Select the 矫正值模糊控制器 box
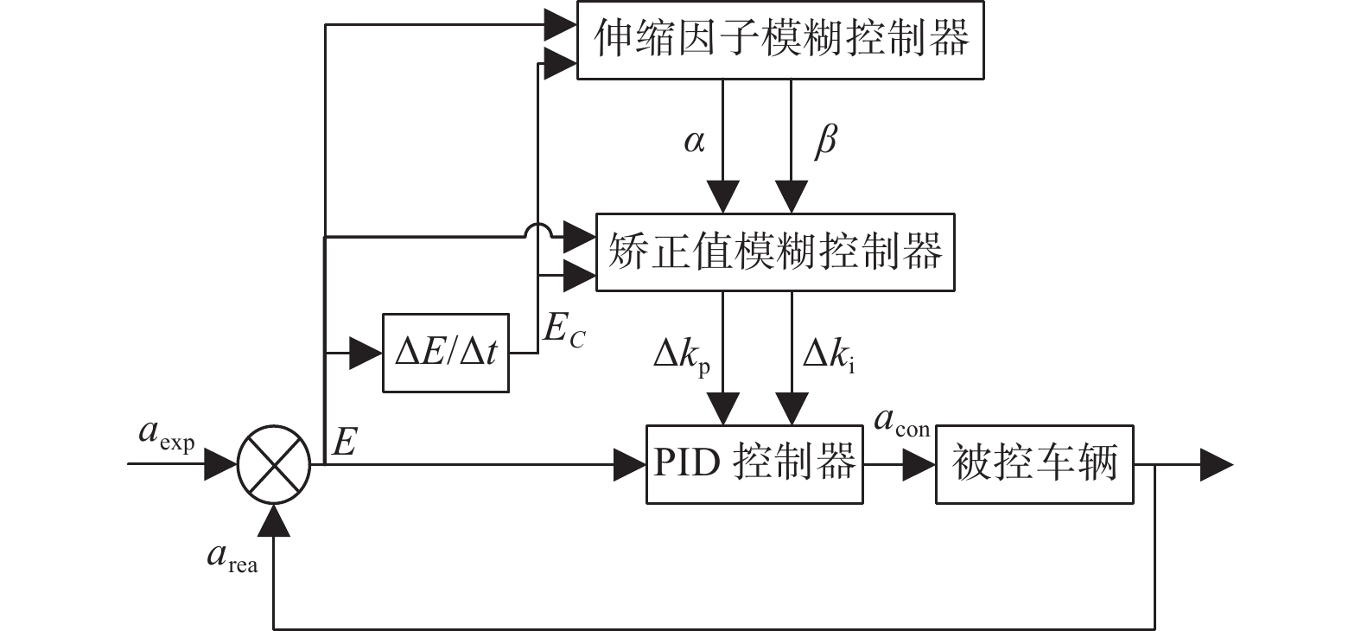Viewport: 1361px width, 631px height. pyautogui.click(x=775, y=252)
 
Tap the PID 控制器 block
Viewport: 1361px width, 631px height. pyautogui.click(x=754, y=464)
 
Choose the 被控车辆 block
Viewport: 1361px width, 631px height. pyautogui.click(x=1033, y=464)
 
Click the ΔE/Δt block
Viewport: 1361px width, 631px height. pyautogui.click(x=445, y=353)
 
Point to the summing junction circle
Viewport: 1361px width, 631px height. pyautogui.click(x=274, y=464)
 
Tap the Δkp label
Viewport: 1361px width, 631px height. pyautogui.click(x=682, y=356)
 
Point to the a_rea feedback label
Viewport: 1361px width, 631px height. pyautogui.click(x=232, y=558)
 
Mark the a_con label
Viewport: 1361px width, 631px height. pyautogui.click(x=901, y=423)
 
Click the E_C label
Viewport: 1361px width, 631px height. pyautogui.click(x=563, y=331)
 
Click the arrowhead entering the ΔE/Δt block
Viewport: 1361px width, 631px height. pyautogui.click(x=366, y=353)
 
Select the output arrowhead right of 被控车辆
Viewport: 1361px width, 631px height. pyautogui.click(x=1216, y=465)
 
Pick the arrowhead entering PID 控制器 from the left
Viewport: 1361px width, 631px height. pyautogui.click(x=629, y=465)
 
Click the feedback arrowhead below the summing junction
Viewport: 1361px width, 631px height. pyautogui.click(x=274, y=519)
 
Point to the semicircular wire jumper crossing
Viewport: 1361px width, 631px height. pyautogui.click(x=537, y=231)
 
